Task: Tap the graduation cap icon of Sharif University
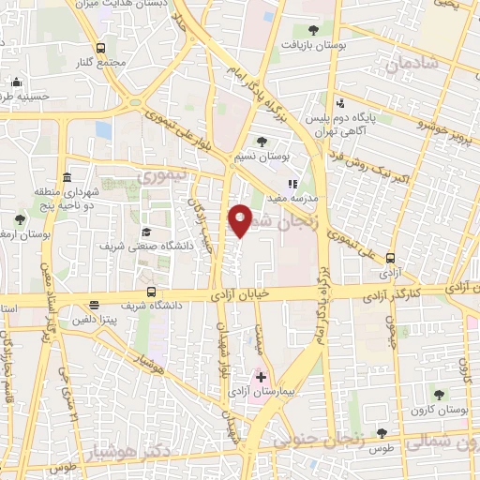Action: (x=146, y=232)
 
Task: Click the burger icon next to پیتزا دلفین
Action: (x=94, y=306)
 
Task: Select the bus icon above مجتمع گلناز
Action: (x=100, y=47)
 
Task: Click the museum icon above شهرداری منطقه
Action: (x=66, y=179)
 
